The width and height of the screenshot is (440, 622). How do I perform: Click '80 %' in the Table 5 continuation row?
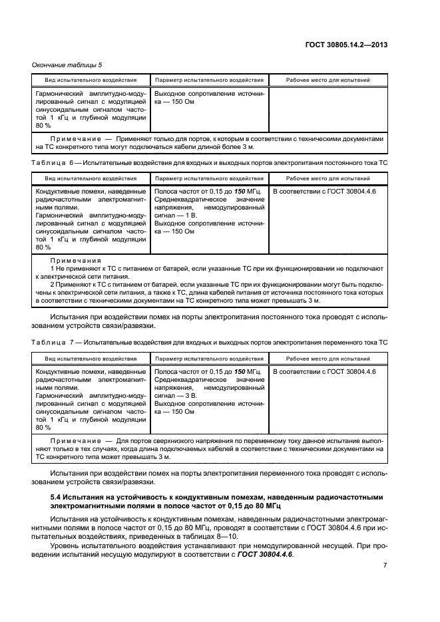(x=43, y=125)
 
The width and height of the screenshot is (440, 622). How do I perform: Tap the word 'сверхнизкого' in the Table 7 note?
(x=168, y=441)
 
